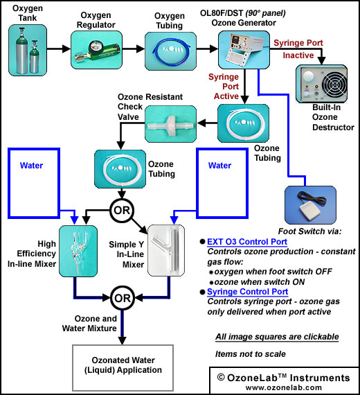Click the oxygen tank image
click(x=28, y=50)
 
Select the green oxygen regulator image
click(x=96, y=50)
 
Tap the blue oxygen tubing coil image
click(x=170, y=51)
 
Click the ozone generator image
click(x=244, y=50)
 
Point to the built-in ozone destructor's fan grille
click(x=334, y=84)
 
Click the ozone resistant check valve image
click(x=171, y=124)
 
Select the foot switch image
click(x=310, y=205)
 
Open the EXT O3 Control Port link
click(x=247, y=242)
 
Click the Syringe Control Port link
click(x=247, y=292)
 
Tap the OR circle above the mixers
click(x=122, y=210)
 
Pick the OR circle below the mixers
click(x=123, y=298)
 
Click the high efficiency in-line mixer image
click(x=78, y=251)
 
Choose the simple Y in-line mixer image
click(x=166, y=250)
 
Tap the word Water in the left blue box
click(x=31, y=166)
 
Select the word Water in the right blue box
click(x=219, y=166)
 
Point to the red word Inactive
click(x=298, y=55)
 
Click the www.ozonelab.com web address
click(x=284, y=387)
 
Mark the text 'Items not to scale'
click(x=251, y=354)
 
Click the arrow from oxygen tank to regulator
click(x=59, y=49)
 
